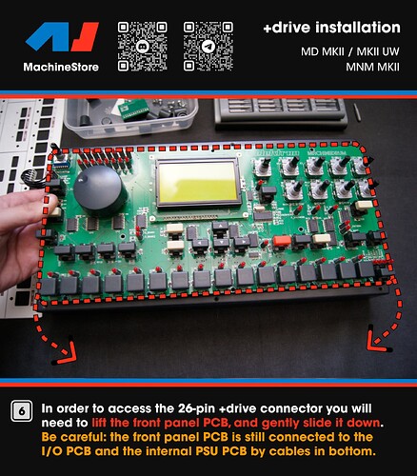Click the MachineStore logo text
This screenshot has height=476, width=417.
pos(61,67)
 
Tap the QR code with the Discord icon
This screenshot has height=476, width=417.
pos(143,46)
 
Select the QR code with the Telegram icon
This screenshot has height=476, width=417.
pos(208,46)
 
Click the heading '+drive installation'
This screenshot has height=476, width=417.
pos(331,28)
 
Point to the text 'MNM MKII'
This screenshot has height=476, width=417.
pos(372,68)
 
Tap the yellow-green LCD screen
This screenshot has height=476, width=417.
pos(198,183)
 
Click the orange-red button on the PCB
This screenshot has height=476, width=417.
pos(282,241)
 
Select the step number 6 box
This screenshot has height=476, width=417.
pos(22,411)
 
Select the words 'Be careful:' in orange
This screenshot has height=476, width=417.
pos(73,437)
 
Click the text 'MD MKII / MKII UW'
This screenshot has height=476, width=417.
pos(350,51)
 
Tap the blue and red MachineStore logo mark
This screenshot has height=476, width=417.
pos(62,36)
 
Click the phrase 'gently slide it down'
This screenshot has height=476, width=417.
pos(321,423)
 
